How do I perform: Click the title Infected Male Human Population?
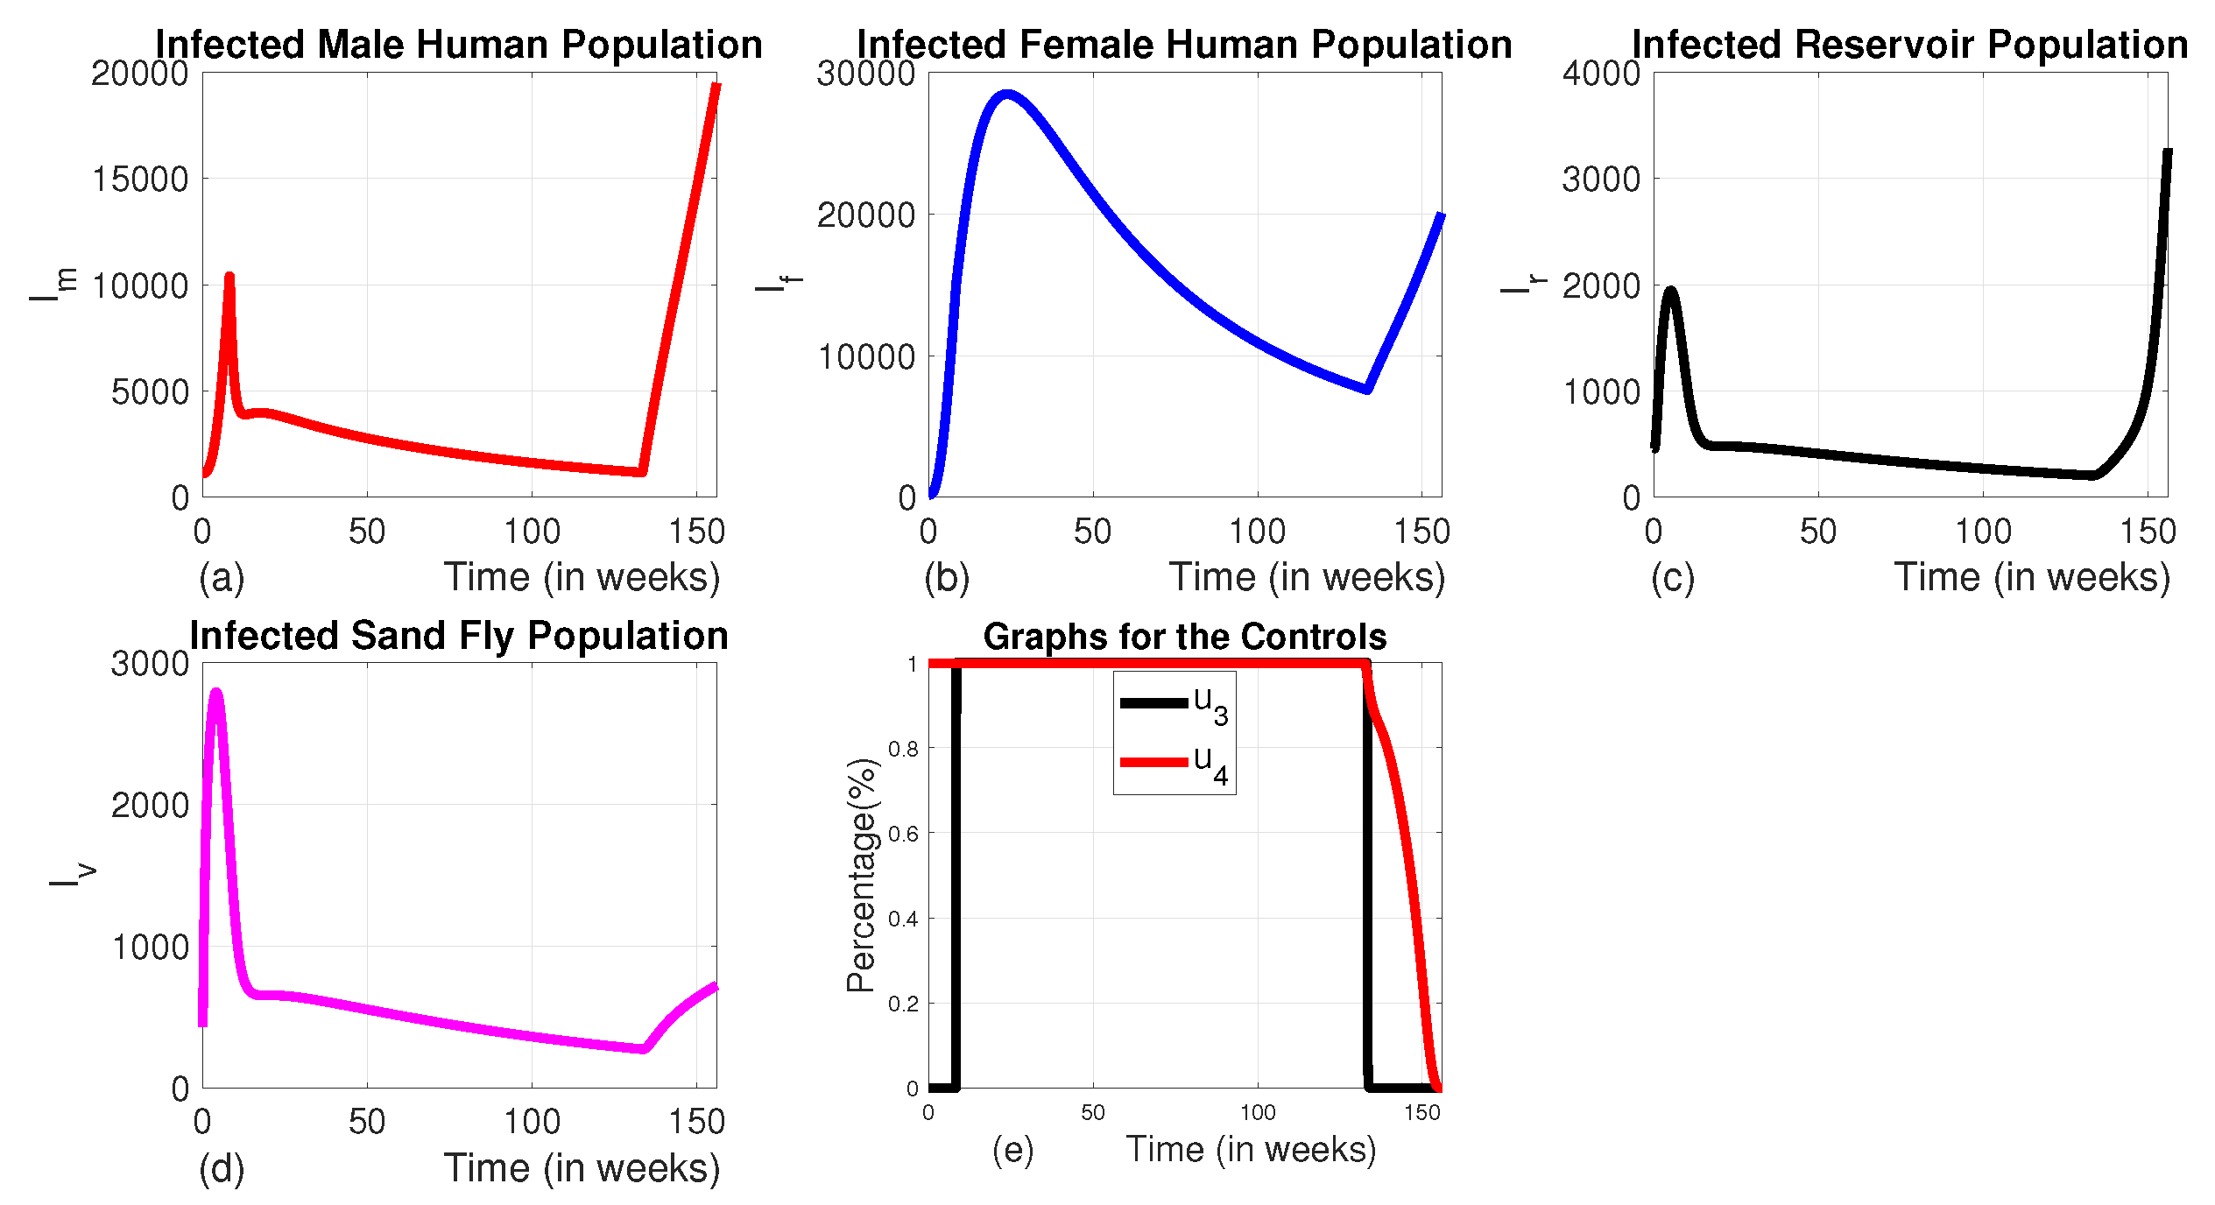(x=458, y=44)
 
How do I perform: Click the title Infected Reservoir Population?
(x=1909, y=44)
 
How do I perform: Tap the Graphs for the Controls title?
(x=1184, y=637)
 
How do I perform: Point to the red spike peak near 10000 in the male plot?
(x=229, y=277)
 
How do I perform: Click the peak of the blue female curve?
(x=1007, y=94)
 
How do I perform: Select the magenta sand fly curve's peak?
(x=215, y=693)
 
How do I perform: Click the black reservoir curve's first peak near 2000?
(x=1671, y=291)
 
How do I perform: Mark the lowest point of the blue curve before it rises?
(x=1366, y=389)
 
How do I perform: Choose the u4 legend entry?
(x=1174, y=763)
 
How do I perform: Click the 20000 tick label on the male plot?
(x=140, y=74)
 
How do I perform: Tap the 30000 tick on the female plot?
(x=865, y=74)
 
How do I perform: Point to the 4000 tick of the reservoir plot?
(x=1601, y=74)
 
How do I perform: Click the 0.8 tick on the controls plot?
(x=903, y=749)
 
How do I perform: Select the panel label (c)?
(x=1672, y=578)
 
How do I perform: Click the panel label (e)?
(x=1012, y=1150)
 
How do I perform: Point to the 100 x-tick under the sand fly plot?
(x=532, y=1122)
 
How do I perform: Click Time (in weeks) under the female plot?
(x=1307, y=578)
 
